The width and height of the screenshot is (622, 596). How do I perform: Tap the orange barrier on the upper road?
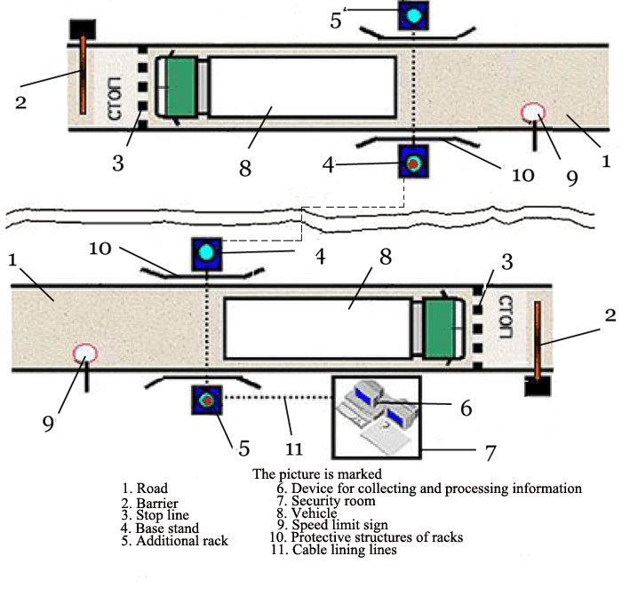(x=83, y=75)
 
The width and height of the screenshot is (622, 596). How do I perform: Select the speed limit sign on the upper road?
(x=533, y=113)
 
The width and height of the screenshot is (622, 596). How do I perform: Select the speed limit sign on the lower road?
(x=84, y=354)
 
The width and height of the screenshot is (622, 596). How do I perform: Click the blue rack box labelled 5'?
(x=413, y=15)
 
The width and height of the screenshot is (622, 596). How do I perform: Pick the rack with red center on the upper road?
(x=413, y=163)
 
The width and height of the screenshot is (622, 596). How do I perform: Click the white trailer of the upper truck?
(x=302, y=87)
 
